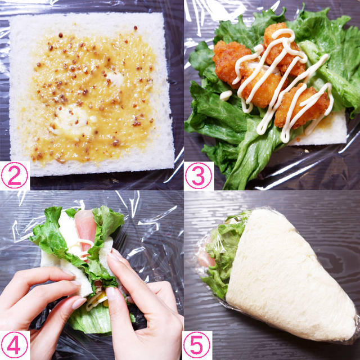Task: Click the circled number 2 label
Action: click(15, 175)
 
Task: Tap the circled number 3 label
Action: click(199, 175)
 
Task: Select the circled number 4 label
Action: click(15, 345)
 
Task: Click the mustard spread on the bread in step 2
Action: click(92, 96)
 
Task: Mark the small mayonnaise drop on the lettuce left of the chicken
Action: click(226, 95)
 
